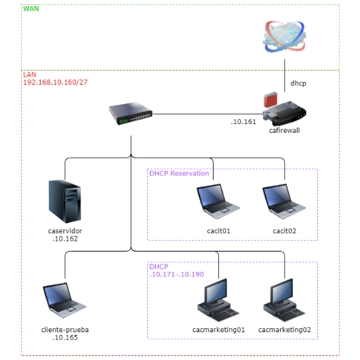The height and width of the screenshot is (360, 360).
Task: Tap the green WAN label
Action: [x=31, y=9]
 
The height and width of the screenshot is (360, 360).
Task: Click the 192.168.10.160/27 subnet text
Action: [x=56, y=81]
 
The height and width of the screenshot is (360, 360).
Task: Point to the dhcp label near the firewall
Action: [x=300, y=83]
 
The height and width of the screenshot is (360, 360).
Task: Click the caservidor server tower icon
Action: [x=65, y=201]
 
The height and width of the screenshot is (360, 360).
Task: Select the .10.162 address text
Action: [x=65, y=239]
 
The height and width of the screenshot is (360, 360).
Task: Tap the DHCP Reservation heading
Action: [x=179, y=174]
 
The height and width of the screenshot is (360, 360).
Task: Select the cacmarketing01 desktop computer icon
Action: [x=218, y=301]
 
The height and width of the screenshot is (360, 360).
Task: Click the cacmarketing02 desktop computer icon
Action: [x=285, y=301]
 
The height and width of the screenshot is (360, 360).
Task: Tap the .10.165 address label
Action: [x=65, y=337]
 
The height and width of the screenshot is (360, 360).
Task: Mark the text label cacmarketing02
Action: [x=285, y=330]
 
